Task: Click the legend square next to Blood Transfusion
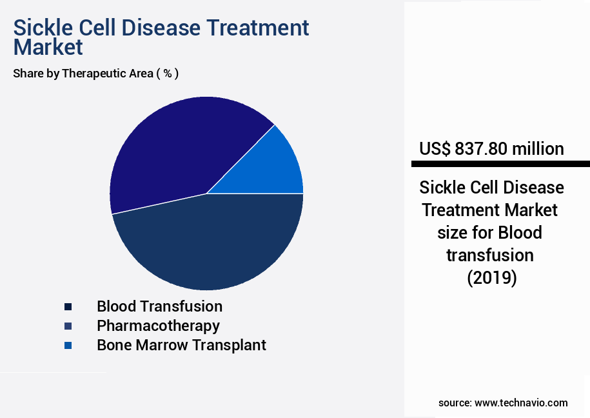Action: click(68, 307)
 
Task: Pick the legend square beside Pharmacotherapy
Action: click(68, 326)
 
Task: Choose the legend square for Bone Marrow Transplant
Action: click(68, 346)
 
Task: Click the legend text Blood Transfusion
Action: click(159, 306)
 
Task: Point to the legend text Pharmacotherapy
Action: click(158, 326)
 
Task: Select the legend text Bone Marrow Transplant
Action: click(181, 345)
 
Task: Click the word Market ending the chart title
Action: click(48, 47)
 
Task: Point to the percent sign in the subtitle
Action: click(167, 74)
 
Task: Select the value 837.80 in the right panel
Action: click(481, 149)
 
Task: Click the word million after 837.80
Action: click(538, 149)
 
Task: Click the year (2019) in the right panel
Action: click(491, 278)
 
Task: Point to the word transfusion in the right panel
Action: click(491, 255)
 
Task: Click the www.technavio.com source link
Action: click(521, 403)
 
